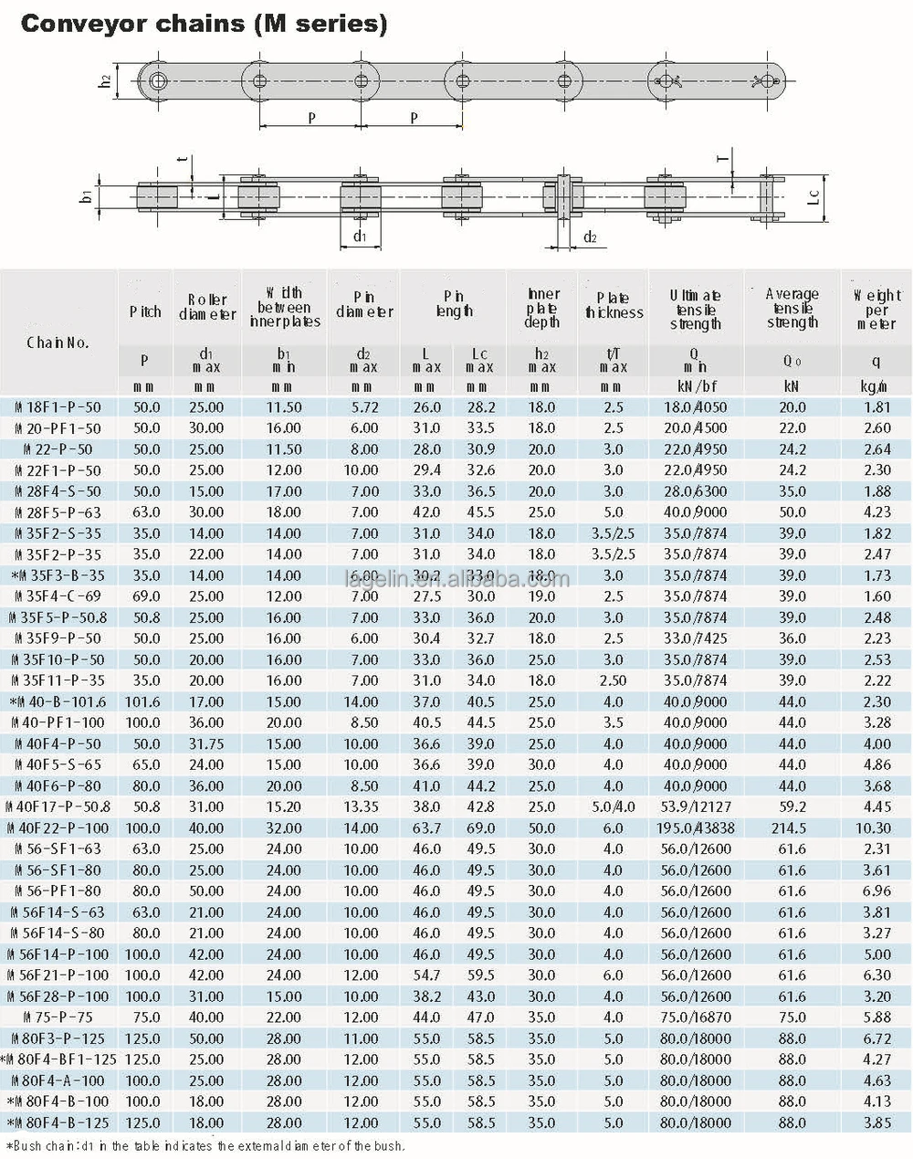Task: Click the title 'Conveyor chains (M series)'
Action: pyautogui.click(x=204, y=24)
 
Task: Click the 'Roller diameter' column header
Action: pyautogui.click(x=207, y=307)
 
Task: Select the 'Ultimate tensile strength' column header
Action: pyautogui.click(x=696, y=309)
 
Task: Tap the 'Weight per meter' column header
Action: pyautogui.click(x=876, y=309)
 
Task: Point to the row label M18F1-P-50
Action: pyautogui.click(x=58, y=407)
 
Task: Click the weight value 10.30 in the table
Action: pyautogui.click(x=873, y=828)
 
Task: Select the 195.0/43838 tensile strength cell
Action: pyautogui.click(x=696, y=828)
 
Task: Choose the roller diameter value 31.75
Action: pyautogui.click(x=206, y=744)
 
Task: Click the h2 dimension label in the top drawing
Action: pyautogui.click(x=106, y=80)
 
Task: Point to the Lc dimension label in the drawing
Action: pyautogui.click(x=814, y=195)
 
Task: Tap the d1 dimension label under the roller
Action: pyautogui.click(x=360, y=237)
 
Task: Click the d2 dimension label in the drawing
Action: pyautogui.click(x=590, y=237)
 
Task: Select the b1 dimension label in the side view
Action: pyautogui.click(x=86, y=195)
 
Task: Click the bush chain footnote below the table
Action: pyautogui.click(x=205, y=1145)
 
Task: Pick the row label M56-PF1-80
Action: pyautogui.click(x=58, y=891)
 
